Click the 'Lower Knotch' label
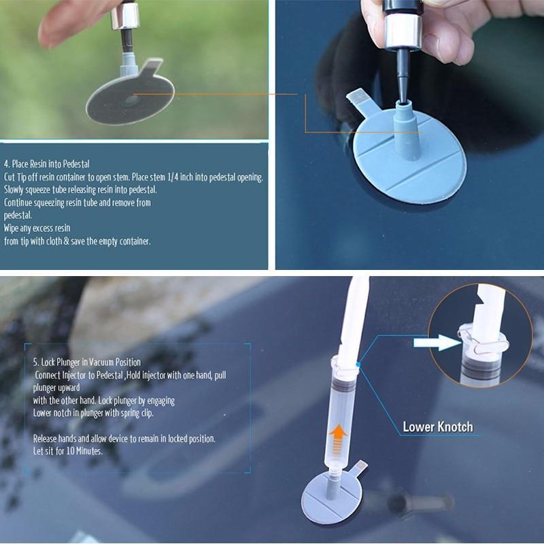click(x=437, y=427)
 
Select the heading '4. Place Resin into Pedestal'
click(x=47, y=164)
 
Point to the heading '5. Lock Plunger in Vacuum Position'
click(x=86, y=362)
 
